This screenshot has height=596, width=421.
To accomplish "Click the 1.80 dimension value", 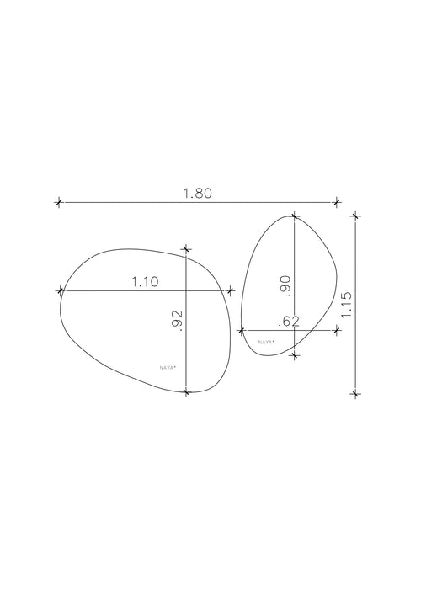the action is pos(198,194).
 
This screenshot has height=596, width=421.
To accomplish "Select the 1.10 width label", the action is pos(145,282).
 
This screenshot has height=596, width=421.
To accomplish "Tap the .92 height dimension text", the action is pos(177,321).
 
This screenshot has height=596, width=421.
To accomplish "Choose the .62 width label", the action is pos(289,322).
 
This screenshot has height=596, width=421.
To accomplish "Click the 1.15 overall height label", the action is pos(346,305).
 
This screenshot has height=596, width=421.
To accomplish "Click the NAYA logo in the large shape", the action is pos(168,368).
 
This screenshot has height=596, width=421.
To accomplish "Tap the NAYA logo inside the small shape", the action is pos(266,342).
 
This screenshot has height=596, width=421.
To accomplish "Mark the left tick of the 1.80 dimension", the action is pos(58,202).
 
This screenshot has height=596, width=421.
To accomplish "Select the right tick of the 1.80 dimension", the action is pos(337,202).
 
